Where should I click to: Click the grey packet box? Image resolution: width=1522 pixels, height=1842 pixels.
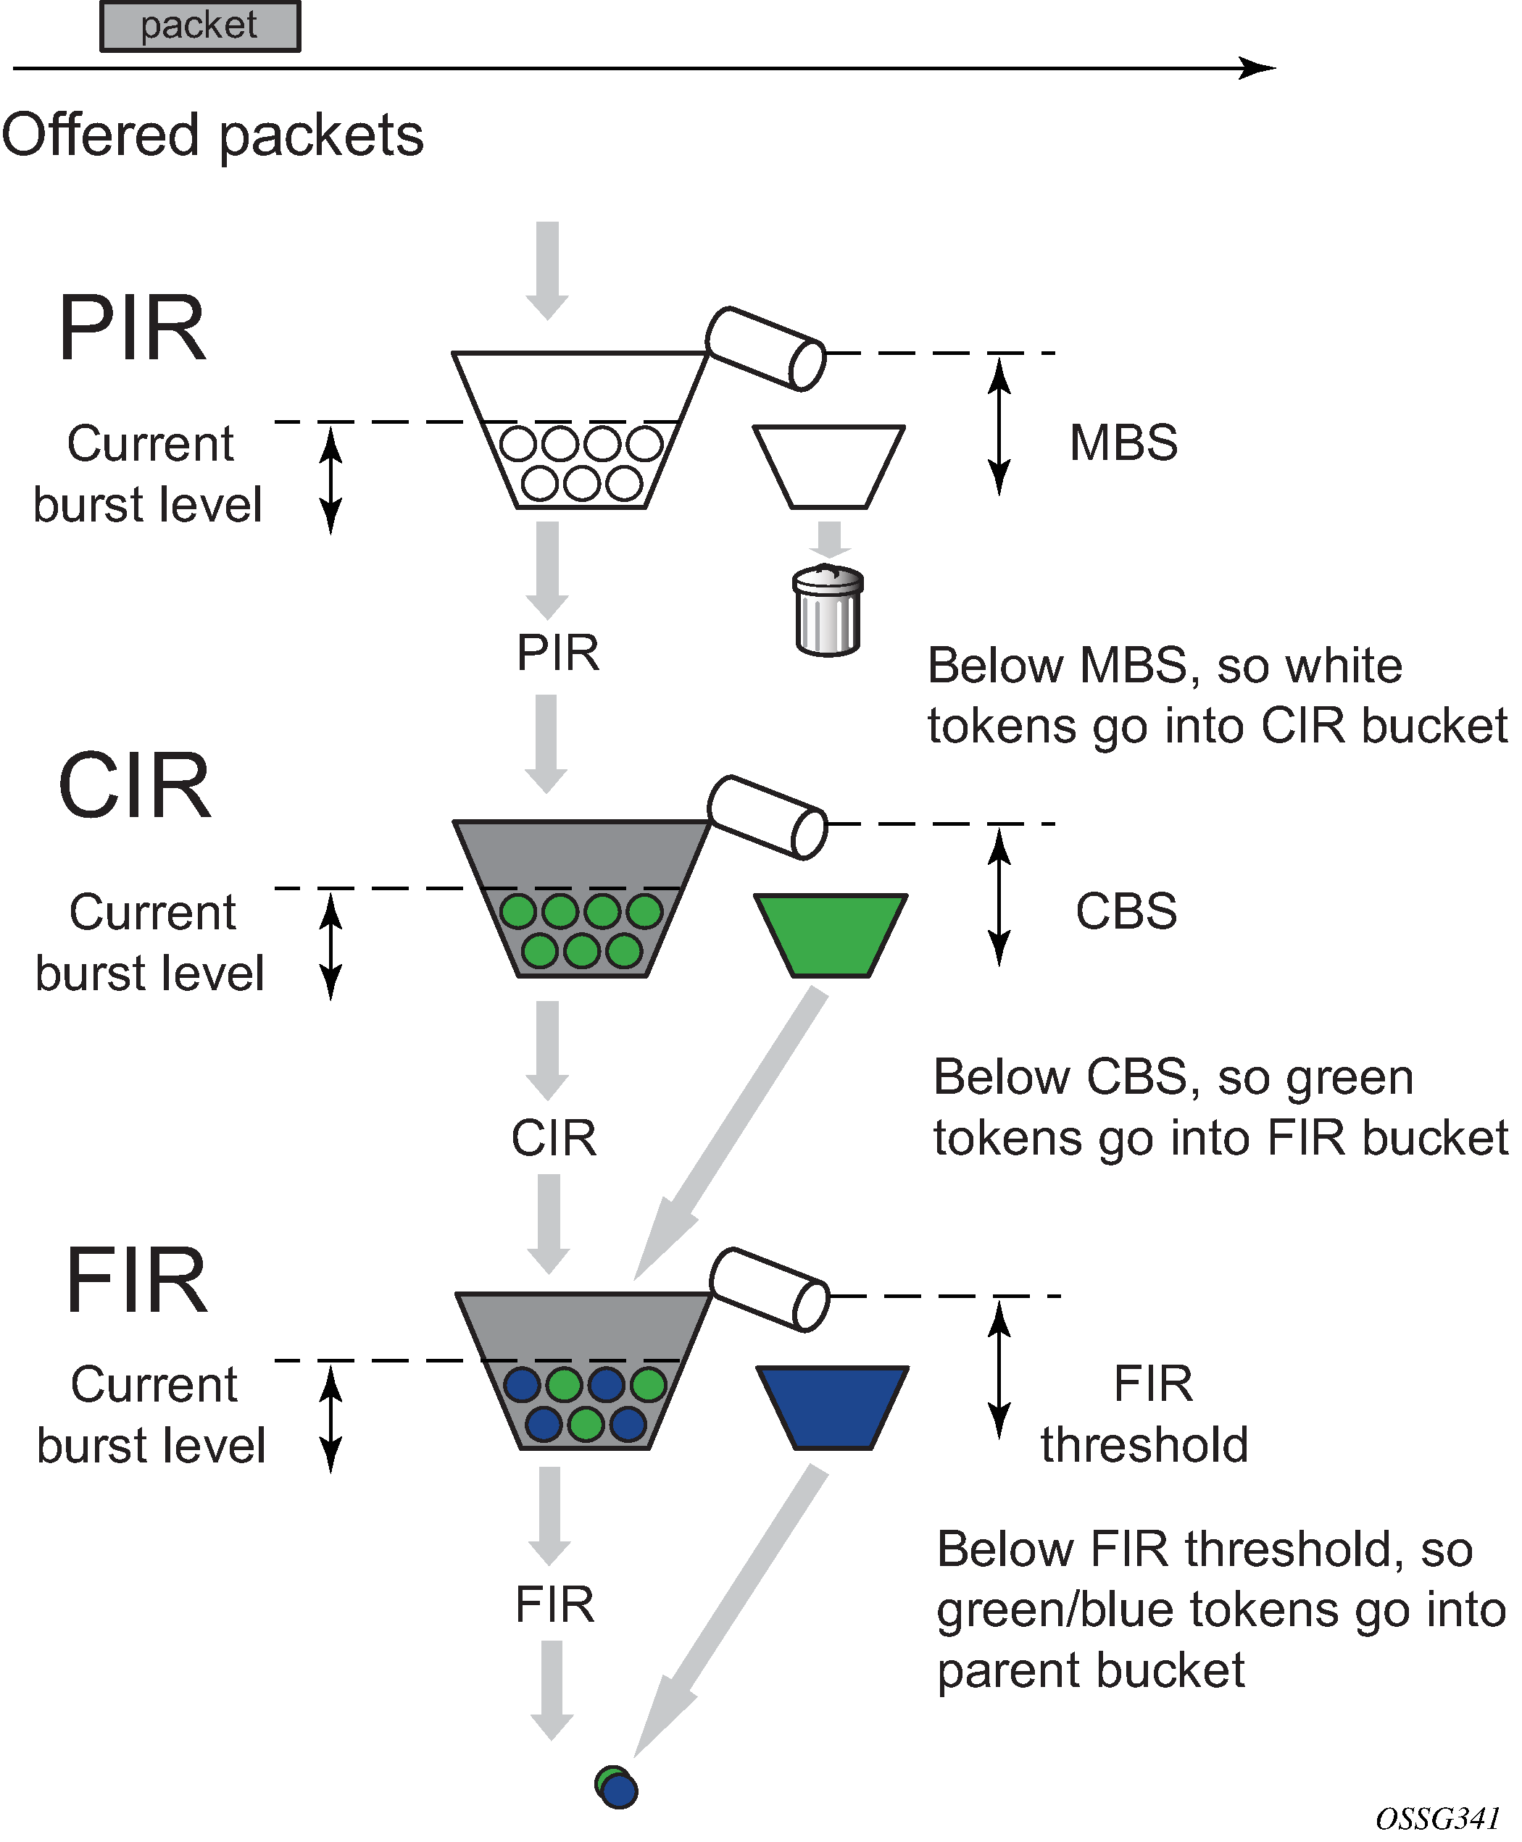200,26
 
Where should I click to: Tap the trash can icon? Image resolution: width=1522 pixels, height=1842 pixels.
828,611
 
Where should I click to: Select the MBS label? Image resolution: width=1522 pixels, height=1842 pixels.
1123,443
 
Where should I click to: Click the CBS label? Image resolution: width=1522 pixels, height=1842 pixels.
1126,911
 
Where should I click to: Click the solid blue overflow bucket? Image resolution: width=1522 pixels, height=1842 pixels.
832,1407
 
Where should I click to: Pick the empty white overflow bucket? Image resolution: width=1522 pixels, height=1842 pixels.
828,466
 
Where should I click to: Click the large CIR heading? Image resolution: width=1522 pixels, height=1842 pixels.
134,786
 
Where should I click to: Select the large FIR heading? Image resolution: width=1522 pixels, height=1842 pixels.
137,1281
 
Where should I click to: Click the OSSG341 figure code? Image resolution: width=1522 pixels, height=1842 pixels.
1437,1820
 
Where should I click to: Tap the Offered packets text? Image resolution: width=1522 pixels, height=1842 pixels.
212,136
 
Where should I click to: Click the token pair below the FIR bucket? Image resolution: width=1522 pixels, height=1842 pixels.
616,1787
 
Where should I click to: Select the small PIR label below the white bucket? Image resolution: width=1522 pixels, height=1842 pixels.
557,653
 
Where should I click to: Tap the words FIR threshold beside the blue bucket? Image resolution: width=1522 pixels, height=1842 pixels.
1145,1415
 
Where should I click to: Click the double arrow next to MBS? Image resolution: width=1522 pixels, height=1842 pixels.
999,426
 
